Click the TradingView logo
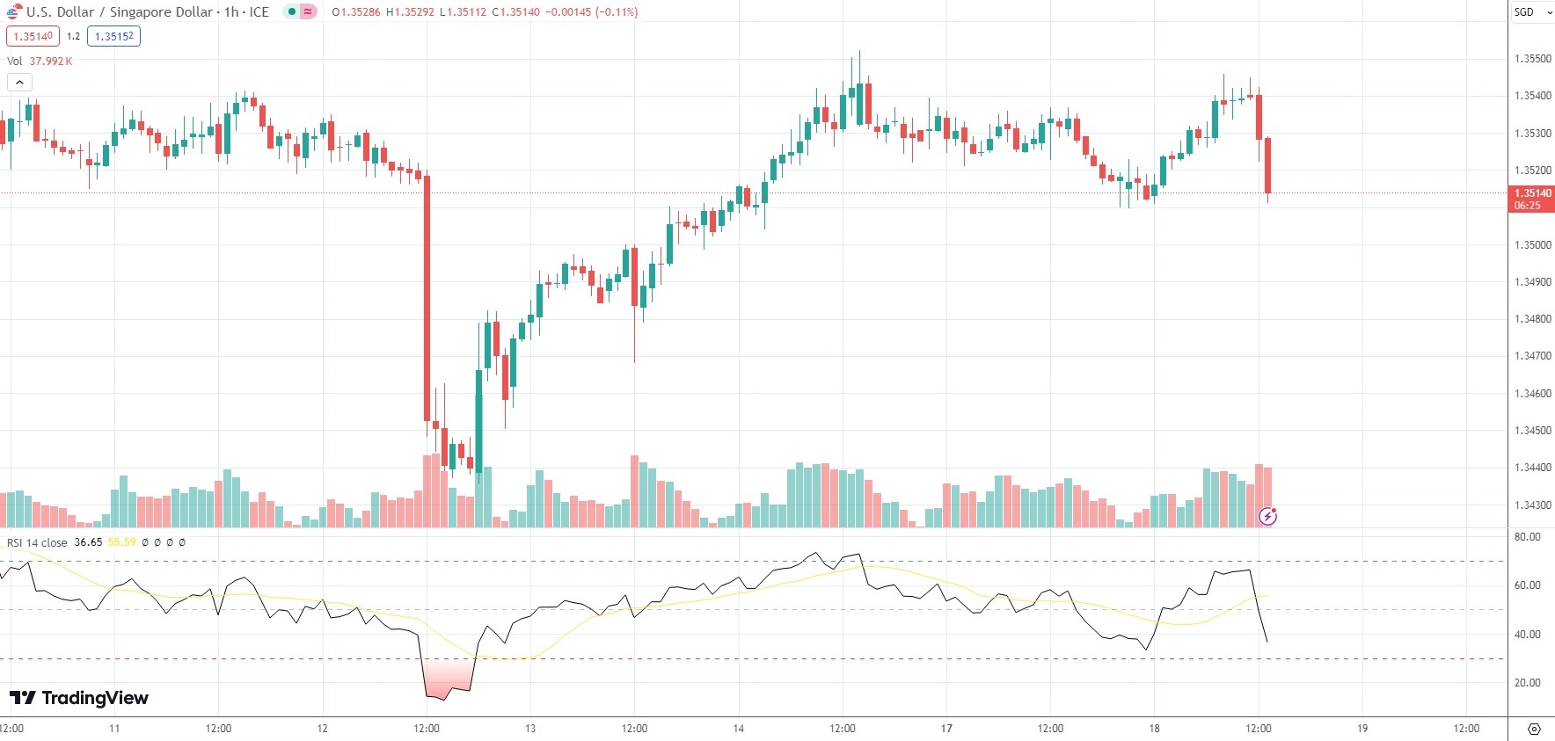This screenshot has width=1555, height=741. [78, 698]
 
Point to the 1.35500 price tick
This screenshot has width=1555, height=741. [1532, 59]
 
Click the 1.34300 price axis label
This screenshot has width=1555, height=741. [1532, 505]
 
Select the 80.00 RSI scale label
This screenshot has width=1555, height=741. [1527, 537]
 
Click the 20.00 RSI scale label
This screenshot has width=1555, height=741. [1527, 683]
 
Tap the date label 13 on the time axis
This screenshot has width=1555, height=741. [530, 729]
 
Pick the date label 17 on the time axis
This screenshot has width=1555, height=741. [946, 729]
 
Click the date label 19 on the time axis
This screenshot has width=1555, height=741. [1362, 729]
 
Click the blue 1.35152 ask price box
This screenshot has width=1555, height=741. [113, 37]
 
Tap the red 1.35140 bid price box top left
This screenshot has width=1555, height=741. [33, 37]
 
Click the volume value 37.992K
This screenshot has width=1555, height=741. [51, 62]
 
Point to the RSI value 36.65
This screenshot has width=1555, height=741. [88, 542]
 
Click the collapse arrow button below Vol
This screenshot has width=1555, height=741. [19, 83]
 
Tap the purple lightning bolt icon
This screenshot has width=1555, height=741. [1267, 516]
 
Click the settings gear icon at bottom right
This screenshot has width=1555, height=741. [1534, 730]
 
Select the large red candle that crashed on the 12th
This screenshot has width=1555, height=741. [427, 299]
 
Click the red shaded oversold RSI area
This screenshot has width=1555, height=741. [449, 678]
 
